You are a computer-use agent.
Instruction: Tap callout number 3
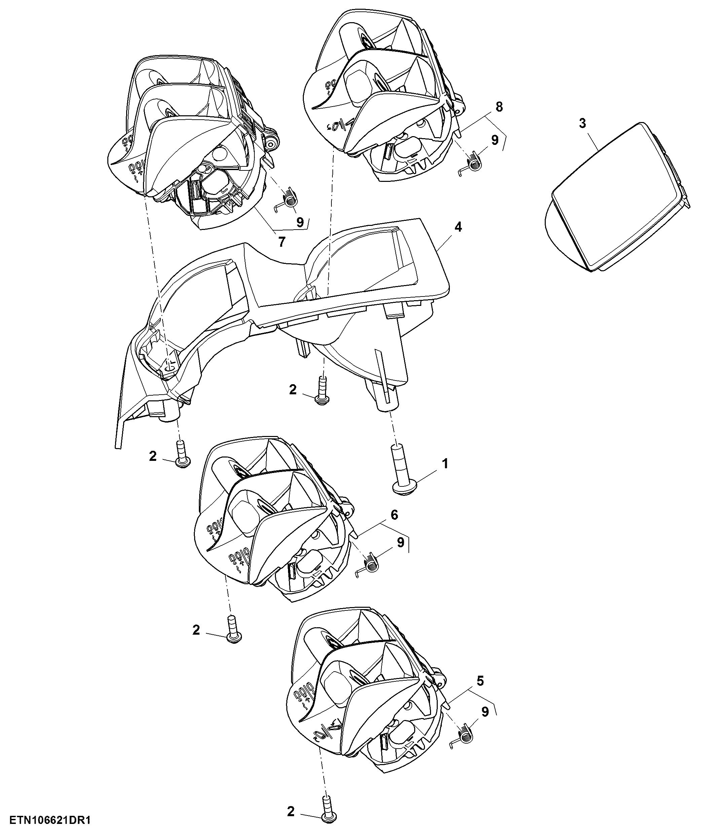[x=582, y=123]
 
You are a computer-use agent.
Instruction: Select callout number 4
[x=458, y=227]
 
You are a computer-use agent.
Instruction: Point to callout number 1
[x=445, y=464]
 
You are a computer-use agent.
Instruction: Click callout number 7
[x=282, y=242]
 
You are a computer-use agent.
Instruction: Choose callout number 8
[x=499, y=107]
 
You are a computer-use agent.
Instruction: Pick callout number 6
[x=394, y=515]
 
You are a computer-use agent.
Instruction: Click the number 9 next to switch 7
[x=300, y=223]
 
